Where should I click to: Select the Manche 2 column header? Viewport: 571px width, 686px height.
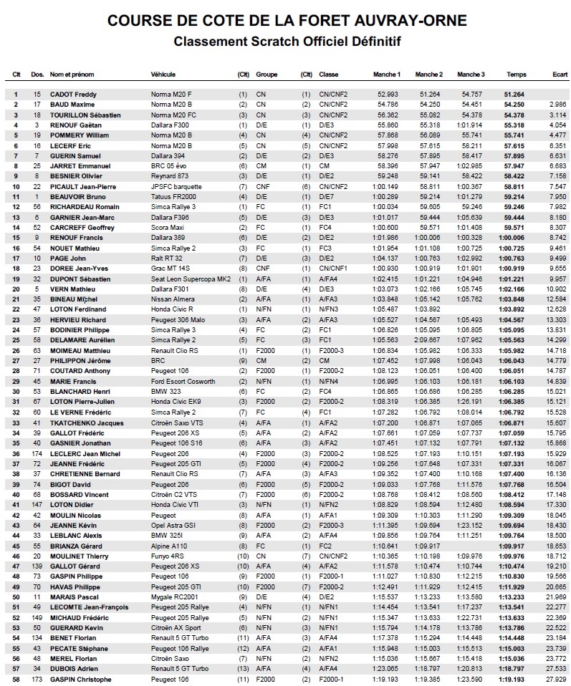[x=428, y=74]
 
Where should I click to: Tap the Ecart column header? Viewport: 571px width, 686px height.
[x=560, y=74]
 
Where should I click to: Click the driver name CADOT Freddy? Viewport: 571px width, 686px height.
[x=73, y=94]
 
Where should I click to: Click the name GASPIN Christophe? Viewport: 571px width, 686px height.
[x=80, y=679]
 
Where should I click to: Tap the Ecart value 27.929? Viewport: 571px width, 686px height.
[x=556, y=679]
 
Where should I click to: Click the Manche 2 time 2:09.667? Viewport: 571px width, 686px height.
[x=430, y=340]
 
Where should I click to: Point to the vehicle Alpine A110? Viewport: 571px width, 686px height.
[x=169, y=546]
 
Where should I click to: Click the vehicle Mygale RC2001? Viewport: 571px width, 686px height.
[x=174, y=596]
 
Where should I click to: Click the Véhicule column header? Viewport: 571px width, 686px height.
[x=163, y=74]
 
